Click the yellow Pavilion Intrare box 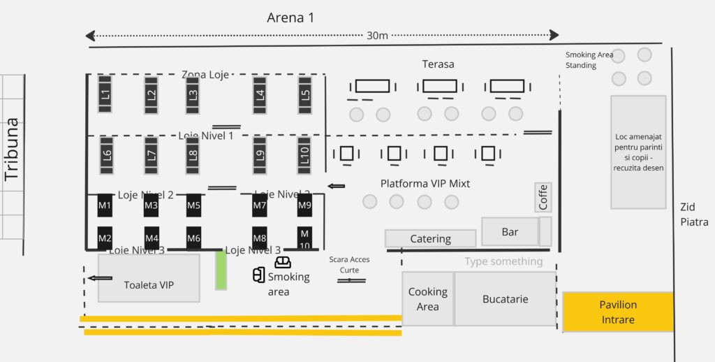pos(618,312)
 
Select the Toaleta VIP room pos(149,278)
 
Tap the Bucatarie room pos(505,299)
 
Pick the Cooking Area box pos(427,299)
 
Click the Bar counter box pos(510,232)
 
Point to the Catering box pos(430,239)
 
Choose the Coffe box pos(543,197)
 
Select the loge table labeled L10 pos(304,154)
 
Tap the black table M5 pos(193,205)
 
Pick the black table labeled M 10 pos(304,238)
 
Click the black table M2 pos(105,238)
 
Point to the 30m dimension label pos(377,36)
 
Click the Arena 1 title pos(290,17)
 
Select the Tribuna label pos(12,150)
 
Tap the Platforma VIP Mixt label pos(425,184)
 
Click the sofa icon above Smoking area pos(283,263)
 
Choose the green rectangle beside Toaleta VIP pos(221,270)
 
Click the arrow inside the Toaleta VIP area pos(101,278)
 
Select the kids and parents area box pos(638,152)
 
